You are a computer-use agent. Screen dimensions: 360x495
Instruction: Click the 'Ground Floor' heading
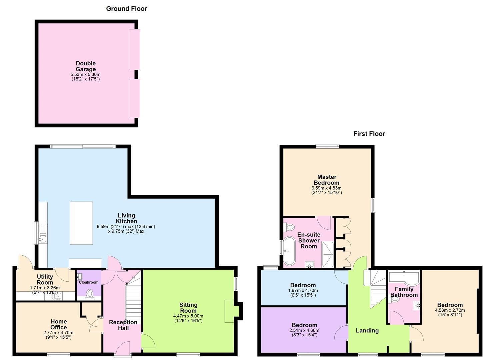point(126,9)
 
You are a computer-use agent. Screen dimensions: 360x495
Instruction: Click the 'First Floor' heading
point(369,134)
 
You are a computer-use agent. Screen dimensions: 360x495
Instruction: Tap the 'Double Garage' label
point(86,66)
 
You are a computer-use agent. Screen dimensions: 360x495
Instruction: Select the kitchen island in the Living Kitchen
point(81,223)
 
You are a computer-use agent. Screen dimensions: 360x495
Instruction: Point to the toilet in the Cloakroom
point(89,293)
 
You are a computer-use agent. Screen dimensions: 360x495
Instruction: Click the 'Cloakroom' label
point(89,282)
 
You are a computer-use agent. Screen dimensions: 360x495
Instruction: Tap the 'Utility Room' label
point(45,279)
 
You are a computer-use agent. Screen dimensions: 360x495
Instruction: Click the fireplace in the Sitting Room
point(231,311)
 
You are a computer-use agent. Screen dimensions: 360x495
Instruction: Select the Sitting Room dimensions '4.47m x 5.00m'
point(188,316)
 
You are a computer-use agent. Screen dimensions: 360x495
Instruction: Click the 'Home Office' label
point(59,324)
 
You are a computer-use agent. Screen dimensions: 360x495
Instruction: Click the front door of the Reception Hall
point(123,349)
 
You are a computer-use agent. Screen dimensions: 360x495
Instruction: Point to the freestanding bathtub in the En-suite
point(289,251)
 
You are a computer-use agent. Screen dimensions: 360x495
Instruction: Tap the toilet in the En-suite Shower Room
point(289,227)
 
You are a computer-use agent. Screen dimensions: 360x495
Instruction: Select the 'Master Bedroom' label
point(327,180)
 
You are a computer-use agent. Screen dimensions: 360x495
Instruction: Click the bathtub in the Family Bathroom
point(404,277)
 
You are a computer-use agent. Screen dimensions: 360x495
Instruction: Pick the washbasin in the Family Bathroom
point(416,305)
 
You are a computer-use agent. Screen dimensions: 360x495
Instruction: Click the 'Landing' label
point(367,330)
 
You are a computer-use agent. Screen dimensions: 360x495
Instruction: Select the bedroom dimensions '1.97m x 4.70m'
point(303,290)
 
